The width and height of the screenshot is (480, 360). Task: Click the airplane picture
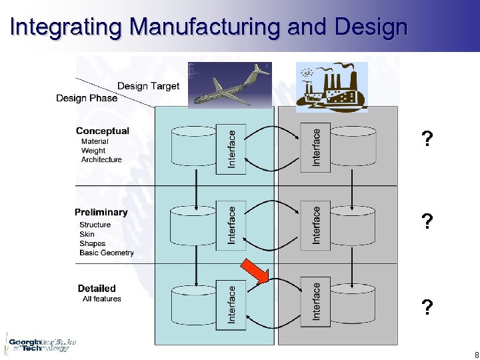(x=230, y=85)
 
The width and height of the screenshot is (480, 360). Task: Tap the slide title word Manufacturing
(x=205, y=27)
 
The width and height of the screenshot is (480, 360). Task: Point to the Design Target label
(x=148, y=86)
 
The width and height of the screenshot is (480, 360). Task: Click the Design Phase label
(x=87, y=98)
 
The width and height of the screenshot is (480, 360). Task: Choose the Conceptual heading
(x=103, y=131)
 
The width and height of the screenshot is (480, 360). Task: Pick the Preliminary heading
(x=101, y=212)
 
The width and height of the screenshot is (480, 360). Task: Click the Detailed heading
(x=97, y=289)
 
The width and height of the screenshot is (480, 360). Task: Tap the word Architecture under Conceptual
(x=101, y=160)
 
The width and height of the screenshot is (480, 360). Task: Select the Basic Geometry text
(x=107, y=253)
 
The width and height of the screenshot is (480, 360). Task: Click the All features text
(x=102, y=299)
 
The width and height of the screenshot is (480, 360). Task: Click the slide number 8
(x=475, y=355)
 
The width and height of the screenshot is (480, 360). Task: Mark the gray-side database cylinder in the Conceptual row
(x=353, y=145)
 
